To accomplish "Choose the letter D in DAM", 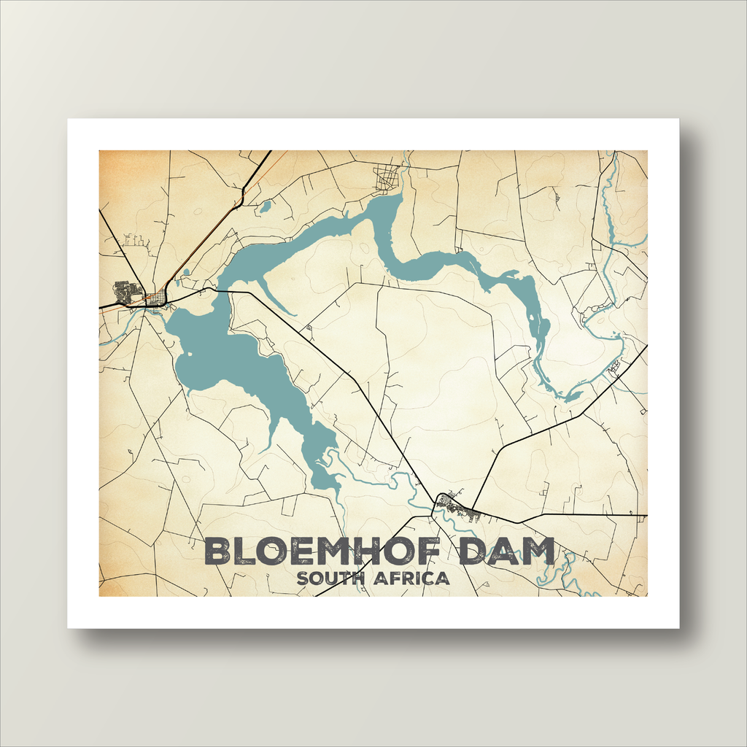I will (474, 552).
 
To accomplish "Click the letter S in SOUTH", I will (302, 579).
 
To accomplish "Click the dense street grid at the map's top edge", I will (387, 177).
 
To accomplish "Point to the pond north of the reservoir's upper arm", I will (265, 206).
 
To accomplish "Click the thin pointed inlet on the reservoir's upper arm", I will (281, 301).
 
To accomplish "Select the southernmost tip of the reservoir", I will (336, 492).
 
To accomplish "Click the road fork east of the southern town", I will (473, 508).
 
